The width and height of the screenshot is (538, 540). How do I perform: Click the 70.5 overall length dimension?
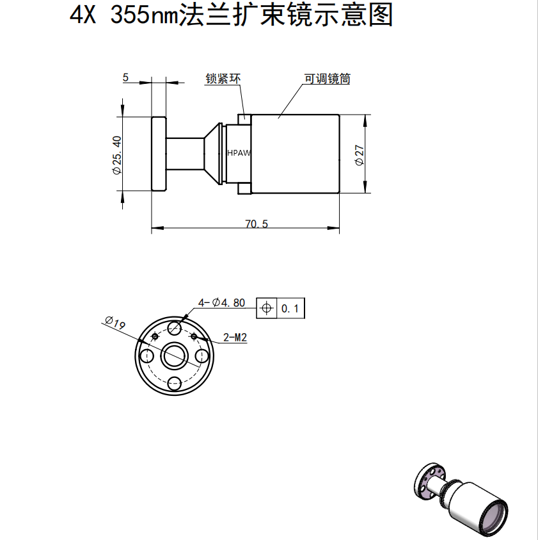click(x=256, y=224)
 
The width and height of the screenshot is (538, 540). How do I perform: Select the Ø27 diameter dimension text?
click(x=360, y=155)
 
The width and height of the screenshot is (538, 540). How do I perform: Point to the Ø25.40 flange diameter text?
click(x=116, y=155)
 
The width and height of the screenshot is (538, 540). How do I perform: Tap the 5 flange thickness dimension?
click(x=125, y=78)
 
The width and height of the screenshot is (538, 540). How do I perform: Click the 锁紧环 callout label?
click(x=223, y=79)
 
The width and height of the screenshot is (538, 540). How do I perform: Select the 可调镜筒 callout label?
click(x=327, y=79)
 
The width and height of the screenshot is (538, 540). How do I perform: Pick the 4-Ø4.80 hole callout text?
click(x=221, y=302)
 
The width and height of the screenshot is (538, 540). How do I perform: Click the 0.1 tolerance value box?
click(x=290, y=309)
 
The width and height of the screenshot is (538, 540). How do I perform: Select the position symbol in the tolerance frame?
click(x=266, y=309)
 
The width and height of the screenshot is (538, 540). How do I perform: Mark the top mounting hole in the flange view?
click(x=174, y=328)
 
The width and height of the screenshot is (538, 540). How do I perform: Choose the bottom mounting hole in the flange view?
click(x=174, y=384)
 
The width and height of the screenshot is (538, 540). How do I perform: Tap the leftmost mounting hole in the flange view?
click(x=146, y=356)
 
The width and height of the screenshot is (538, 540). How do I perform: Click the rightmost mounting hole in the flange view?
click(x=202, y=356)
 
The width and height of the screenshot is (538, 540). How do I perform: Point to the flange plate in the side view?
click(x=159, y=154)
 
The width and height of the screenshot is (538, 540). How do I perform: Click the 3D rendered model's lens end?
click(x=494, y=518)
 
